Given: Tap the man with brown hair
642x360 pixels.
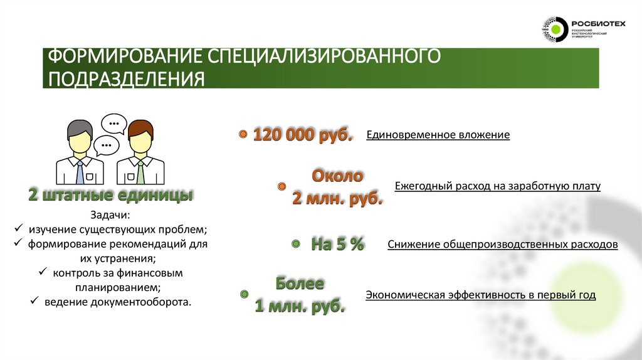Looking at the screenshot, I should [140, 151].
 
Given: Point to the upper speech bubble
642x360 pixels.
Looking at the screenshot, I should [113, 123].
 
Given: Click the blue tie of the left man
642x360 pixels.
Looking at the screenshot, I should [80, 172].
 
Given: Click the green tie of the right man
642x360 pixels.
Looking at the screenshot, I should [140, 172].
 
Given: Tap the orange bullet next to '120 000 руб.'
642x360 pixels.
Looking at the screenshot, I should [242, 135].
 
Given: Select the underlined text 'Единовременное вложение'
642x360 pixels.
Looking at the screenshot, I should [438, 135].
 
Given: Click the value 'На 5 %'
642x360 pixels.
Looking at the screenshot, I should [337, 244].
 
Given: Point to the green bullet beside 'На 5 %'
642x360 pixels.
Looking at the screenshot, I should [295, 243].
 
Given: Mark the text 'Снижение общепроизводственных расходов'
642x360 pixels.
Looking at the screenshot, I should [502, 245].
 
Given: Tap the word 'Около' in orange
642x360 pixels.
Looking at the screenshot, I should [337, 175].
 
